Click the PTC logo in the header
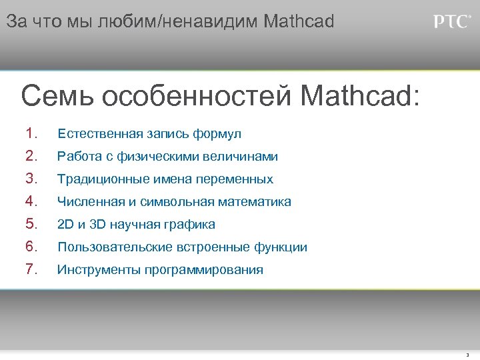(x=452, y=22)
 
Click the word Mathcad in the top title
(x=299, y=21)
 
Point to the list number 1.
(x=31, y=133)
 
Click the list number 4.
(x=31, y=201)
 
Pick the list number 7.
(x=31, y=269)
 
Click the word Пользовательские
(x=115, y=247)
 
